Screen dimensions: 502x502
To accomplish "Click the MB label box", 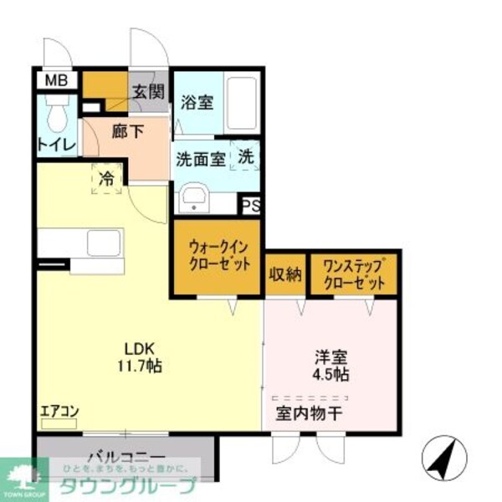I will tap(56, 81).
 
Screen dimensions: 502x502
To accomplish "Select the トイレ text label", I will tap(56, 145).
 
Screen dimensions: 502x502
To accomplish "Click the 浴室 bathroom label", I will tap(197, 105).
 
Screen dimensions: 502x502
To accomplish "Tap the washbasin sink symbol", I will tap(195, 200).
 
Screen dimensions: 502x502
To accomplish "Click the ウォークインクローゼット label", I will tap(219, 256).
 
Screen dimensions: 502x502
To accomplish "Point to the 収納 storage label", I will tap(284, 276).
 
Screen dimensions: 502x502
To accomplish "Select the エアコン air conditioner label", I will tap(59, 411).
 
